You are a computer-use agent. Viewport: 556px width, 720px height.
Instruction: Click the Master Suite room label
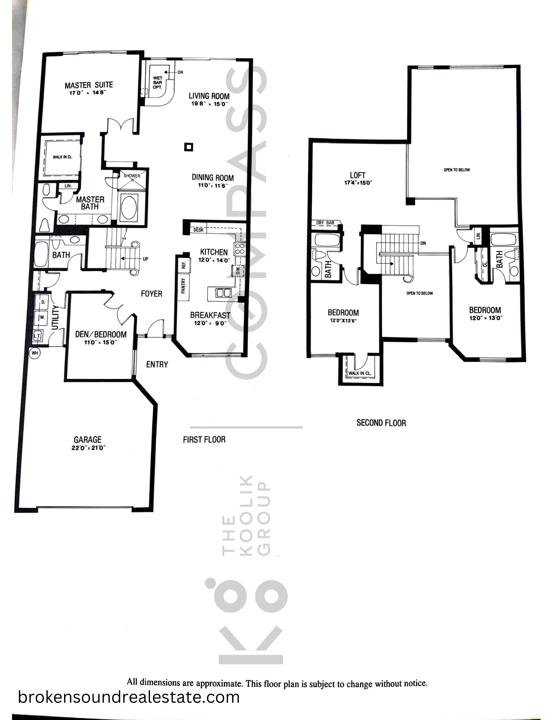point(89,85)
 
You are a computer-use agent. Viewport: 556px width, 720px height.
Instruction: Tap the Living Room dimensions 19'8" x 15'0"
point(209,104)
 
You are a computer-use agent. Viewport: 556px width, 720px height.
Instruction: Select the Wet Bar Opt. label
point(158,82)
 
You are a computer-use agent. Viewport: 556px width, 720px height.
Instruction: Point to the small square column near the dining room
point(189,147)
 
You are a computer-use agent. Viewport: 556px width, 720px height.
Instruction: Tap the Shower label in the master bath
point(132,176)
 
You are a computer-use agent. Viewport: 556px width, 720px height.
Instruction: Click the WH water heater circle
point(35,353)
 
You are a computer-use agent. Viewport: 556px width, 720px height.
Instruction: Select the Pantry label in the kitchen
point(183,286)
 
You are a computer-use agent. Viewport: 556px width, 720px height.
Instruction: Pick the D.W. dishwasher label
point(238,270)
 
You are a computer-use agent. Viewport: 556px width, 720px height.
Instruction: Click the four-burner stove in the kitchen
point(240,249)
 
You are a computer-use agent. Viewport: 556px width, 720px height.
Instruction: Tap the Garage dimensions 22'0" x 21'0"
point(88,448)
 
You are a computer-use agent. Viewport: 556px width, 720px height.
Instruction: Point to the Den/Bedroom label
point(101,334)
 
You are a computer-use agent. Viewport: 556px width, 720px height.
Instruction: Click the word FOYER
point(152,294)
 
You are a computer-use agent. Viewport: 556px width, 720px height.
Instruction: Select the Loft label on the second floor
point(358,175)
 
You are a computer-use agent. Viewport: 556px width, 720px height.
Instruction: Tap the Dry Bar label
point(325,223)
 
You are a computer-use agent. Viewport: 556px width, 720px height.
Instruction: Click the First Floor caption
point(204,440)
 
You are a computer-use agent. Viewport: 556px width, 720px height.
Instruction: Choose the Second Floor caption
point(381,423)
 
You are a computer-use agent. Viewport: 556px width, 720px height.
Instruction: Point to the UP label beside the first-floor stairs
point(145,259)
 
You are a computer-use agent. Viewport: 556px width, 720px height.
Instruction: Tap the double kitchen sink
point(223,293)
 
